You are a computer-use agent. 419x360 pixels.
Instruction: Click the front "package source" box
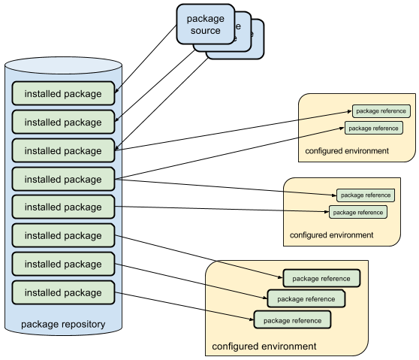(205, 24)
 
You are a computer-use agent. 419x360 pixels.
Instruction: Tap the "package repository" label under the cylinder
(63, 325)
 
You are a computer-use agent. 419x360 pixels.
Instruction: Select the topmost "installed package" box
(63, 93)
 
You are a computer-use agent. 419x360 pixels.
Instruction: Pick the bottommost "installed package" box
(63, 292)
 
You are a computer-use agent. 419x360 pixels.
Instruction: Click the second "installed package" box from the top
(63, 122)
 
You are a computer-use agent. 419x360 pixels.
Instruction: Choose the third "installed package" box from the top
(63, 150)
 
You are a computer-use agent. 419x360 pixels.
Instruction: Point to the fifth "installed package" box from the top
(63, 207)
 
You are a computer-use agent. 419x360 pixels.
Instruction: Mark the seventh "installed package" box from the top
(63, 264)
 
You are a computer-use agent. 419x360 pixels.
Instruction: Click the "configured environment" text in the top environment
(347, 151)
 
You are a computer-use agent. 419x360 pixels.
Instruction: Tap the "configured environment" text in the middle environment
(331, 235)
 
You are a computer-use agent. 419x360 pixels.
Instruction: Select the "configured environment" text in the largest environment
(264, 346)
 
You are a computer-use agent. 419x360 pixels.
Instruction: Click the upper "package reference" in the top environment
(381, 111)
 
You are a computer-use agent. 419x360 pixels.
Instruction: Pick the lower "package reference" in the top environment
(374, 128)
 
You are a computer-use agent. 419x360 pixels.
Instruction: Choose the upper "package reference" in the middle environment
(366, 195)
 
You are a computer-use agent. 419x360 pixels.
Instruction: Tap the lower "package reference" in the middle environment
(358, 212)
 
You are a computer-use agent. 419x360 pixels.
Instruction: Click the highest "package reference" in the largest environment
(321, 278)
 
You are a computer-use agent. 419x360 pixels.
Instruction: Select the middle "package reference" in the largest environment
(306, 298)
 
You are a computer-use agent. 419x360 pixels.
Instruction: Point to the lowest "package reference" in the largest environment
(292, 319)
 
